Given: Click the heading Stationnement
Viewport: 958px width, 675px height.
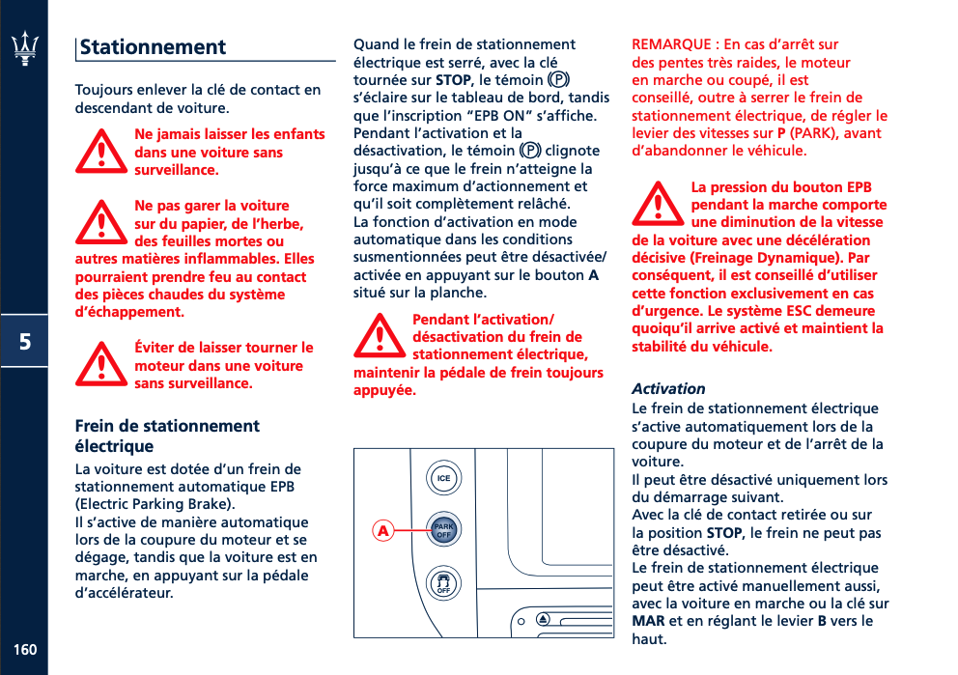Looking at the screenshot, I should (x=153, y=47).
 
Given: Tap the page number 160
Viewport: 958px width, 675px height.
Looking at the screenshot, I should (x=25, y=649).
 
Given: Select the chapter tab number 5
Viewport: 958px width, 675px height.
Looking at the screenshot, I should (x=24, y=341).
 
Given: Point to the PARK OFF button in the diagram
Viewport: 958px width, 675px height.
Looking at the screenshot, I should (x=443, y=530).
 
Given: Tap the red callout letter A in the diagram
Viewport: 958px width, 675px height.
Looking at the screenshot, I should (x=383, y=531).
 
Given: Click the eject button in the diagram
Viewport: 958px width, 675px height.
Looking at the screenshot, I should (x=544, y=619).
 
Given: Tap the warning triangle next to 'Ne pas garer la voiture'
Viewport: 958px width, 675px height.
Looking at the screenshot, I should (x=100, y=224).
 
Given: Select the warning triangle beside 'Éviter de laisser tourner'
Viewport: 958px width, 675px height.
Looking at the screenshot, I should (x=100, y=365).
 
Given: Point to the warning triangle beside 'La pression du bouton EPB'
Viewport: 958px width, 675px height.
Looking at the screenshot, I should (x=658, y=205).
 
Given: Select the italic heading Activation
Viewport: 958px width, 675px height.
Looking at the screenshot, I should (x=668, y=388).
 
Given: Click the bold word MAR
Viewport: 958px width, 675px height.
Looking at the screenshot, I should (x=648, y=620).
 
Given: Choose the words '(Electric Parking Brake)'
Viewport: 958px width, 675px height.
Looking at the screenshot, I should (x=155, y=504).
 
